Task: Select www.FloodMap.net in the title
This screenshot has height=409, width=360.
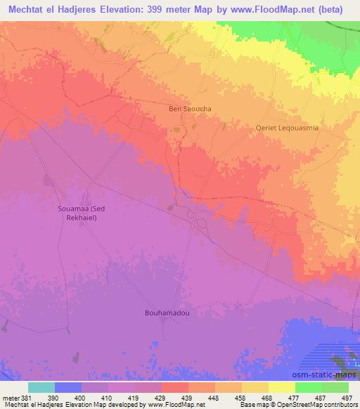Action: point(272,10)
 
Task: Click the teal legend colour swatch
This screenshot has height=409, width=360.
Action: point(41,387)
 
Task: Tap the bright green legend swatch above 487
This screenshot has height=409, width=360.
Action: point(308,387)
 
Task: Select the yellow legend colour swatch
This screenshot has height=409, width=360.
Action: point(281,387)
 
